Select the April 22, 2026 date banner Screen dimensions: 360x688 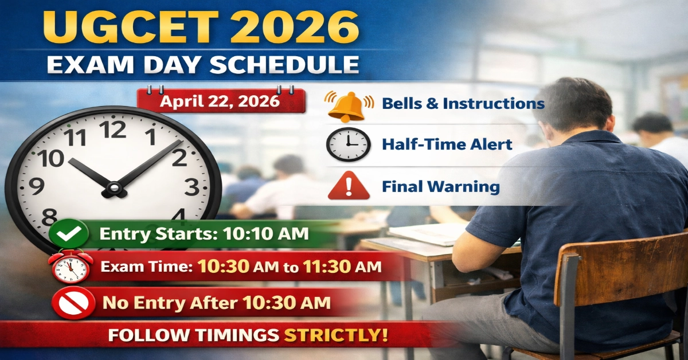coord(220,101)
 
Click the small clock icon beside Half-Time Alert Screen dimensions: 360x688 coord(348,144)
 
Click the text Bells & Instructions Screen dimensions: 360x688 coord(463,104)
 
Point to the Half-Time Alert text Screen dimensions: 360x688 coord(447,144)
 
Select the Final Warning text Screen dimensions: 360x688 coord(440,186)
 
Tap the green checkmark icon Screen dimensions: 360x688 coord(69,234)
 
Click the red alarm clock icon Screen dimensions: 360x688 coord(70,267)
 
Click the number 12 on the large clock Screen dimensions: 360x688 coord(114,130)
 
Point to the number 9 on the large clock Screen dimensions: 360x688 coord(36,186)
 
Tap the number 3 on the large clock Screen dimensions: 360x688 coord(191,186)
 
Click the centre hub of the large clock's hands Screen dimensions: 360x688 coord(114,187)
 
